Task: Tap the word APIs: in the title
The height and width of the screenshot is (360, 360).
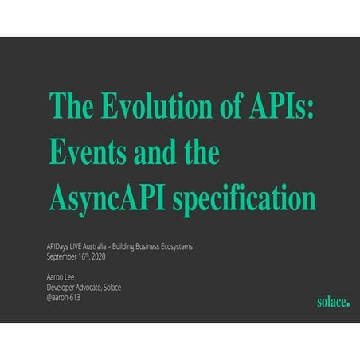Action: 275,106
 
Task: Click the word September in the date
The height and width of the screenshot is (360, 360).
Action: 63,257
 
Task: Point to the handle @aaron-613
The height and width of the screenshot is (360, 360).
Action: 64,297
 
